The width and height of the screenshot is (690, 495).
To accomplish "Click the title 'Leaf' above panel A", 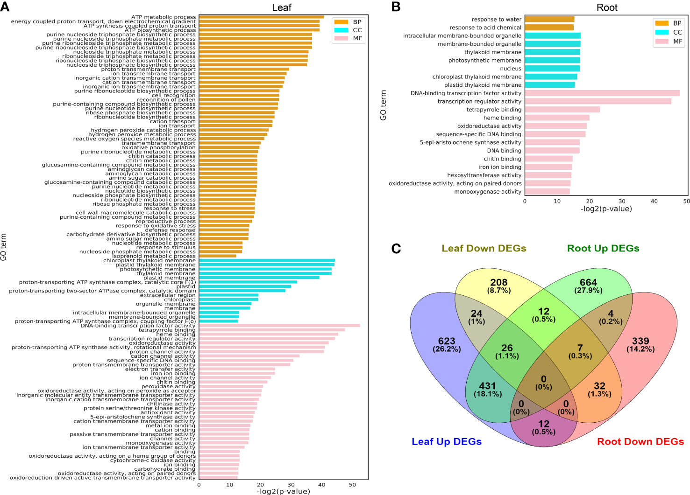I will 282,7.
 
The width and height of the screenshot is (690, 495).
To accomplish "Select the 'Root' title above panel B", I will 607,7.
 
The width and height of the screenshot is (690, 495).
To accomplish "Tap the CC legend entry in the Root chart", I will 669,32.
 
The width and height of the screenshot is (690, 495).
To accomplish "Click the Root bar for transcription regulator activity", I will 598,101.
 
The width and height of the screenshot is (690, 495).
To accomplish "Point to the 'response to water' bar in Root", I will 549,20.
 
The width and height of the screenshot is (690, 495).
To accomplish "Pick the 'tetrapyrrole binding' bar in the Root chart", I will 562,110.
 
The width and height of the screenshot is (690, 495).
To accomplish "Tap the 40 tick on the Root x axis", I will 654,201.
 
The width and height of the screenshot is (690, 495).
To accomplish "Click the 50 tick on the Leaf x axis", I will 352,485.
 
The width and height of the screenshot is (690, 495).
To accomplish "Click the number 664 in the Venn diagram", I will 588,282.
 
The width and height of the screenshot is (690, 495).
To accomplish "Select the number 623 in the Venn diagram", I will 447,341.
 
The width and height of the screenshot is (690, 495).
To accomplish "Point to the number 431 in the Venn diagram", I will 487,386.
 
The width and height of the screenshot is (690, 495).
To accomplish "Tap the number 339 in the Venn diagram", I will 640,341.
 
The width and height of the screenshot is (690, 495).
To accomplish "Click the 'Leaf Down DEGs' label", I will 484,248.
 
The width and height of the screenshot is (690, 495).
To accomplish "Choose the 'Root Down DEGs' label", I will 640,441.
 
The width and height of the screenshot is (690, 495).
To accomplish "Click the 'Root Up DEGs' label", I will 603,248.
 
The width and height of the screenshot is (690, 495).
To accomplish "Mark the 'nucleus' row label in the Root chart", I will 511,69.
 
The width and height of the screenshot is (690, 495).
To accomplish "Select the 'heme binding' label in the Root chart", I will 502,118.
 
